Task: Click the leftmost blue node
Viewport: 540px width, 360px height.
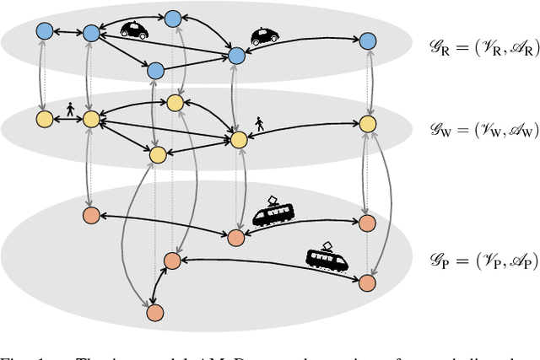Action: (x=45, y=31)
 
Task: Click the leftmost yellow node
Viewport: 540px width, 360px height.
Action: (x=45, y=118)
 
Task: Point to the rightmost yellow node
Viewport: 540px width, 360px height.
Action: (x=367, y=123)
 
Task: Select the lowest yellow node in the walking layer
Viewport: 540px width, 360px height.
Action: (x=157, y=154)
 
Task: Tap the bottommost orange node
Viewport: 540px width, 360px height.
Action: (x=154, y=312)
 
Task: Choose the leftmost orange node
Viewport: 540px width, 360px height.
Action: (x=91, y=215)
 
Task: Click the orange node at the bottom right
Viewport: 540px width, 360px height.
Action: (x=367, y=280)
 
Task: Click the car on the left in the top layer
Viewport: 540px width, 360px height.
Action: (x=135, y=30)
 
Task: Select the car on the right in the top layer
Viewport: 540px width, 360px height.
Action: (x=265, y=36)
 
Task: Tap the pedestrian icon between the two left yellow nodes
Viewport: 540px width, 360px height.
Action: (x=69, y=110)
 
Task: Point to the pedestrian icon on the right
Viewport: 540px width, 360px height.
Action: (x=259, y=124)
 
